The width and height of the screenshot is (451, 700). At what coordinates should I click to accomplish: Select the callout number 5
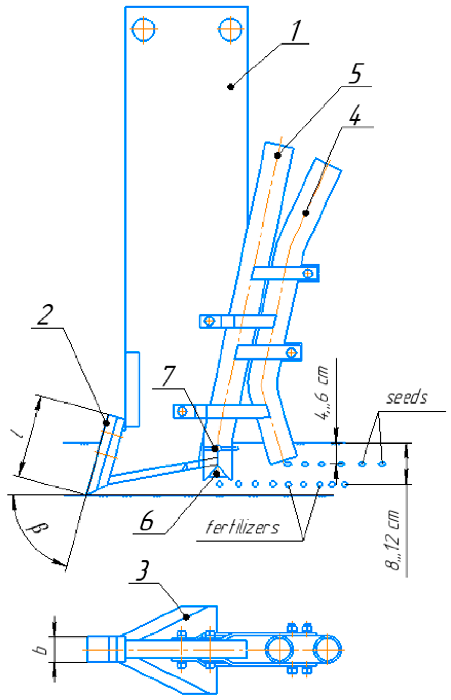[x=356, y=73]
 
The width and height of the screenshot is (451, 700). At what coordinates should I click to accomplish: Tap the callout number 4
[x=355, y=114]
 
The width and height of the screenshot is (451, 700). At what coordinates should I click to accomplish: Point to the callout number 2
[x=45, y=315]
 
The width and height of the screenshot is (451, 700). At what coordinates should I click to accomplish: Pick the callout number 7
[x=169, y=376]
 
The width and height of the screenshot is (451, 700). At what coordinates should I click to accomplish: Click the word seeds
[x=407, y=398]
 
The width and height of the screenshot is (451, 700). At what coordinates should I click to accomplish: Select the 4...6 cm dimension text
[x=322, y=393]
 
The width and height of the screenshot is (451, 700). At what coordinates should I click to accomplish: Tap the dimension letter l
[x=17, y=433]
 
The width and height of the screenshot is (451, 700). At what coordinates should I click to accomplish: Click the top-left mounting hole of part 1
[x=143, y=29]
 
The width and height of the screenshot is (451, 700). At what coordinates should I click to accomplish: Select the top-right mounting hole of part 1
[x=230, y=29]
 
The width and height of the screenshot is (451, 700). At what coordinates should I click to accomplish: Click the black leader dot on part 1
[x=231, y=87]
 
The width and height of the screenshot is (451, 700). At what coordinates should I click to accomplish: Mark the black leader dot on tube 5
[x=277, y=156]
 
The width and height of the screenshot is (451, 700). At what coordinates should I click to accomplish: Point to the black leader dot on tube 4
[x=306, y=213]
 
